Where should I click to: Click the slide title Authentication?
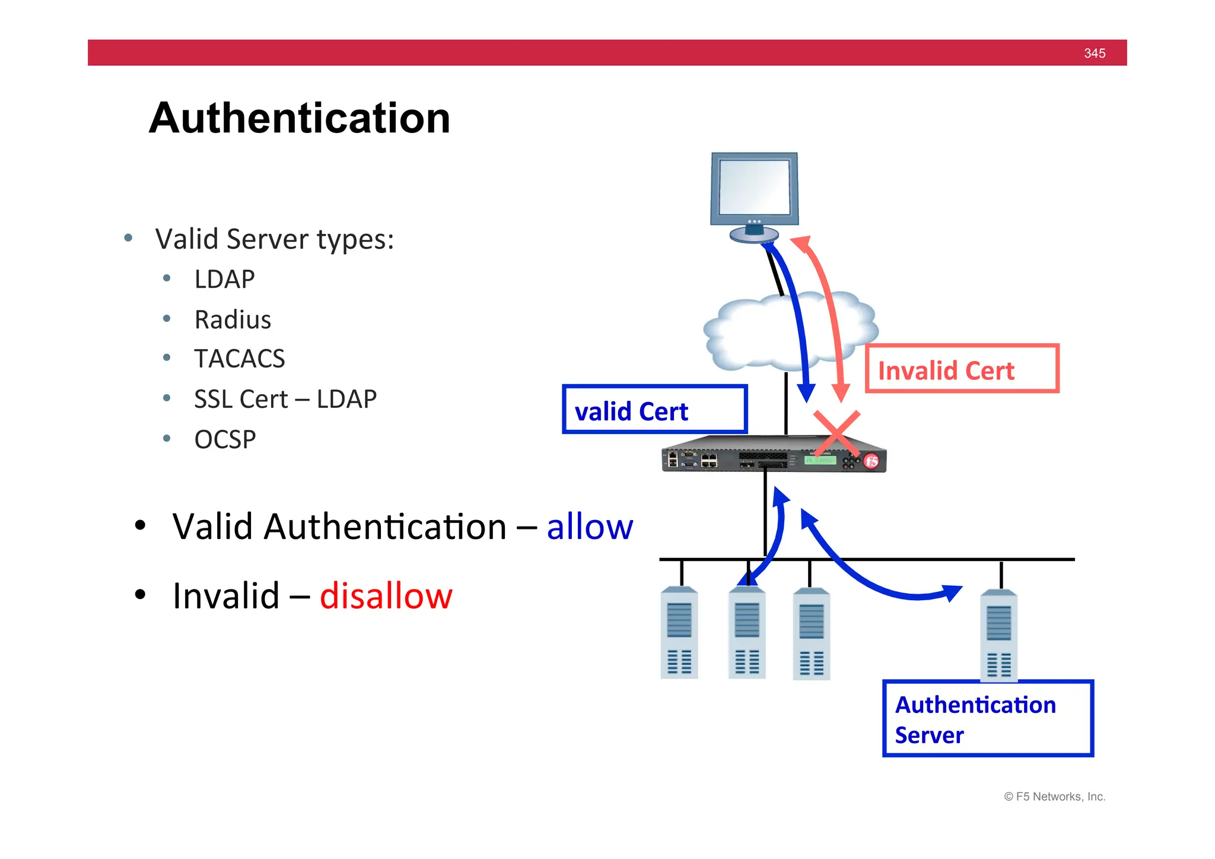(300, 118)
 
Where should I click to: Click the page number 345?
(1094, 53)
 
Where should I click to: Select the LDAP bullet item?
(224, 279)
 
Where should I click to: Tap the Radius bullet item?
(233, 319)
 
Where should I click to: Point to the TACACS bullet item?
(239, 359)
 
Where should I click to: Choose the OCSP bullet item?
(225, 439)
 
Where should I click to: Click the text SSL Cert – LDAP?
(285, 399)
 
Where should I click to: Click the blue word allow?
(590, 527)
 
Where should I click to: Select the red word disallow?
(386, 596)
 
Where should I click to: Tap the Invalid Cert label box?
(962, 369)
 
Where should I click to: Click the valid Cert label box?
(654, 410)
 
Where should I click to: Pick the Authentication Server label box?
(987, 719)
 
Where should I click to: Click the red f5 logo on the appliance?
(871, 461)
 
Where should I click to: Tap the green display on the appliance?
(820, 460)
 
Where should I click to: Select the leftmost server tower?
(679, 633)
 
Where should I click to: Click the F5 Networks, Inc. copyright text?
(1055, 797)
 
